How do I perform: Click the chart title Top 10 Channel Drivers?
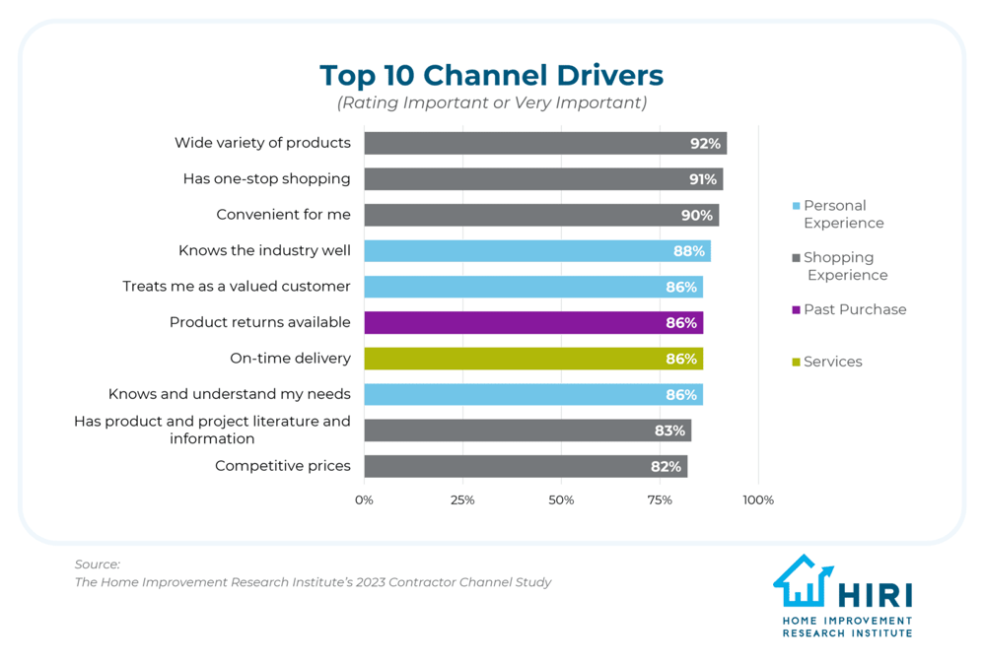coord(491,75)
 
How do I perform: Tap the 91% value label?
coord(702,179)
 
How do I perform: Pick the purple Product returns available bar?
coord(532,323)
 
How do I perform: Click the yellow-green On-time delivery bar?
coord(532,359)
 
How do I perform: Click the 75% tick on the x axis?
coord(660,500)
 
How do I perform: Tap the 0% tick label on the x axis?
coord(364,500)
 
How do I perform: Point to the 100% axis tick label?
coord(758,500)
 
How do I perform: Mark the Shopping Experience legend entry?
coord(844,266)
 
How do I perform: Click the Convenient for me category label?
coord(283,215)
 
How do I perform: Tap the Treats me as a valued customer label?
coord(237,287)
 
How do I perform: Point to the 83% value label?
coord(669,431)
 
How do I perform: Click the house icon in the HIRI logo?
coord(804,581)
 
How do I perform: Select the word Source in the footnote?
coord(97,564)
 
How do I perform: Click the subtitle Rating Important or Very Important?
coord(491,102)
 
